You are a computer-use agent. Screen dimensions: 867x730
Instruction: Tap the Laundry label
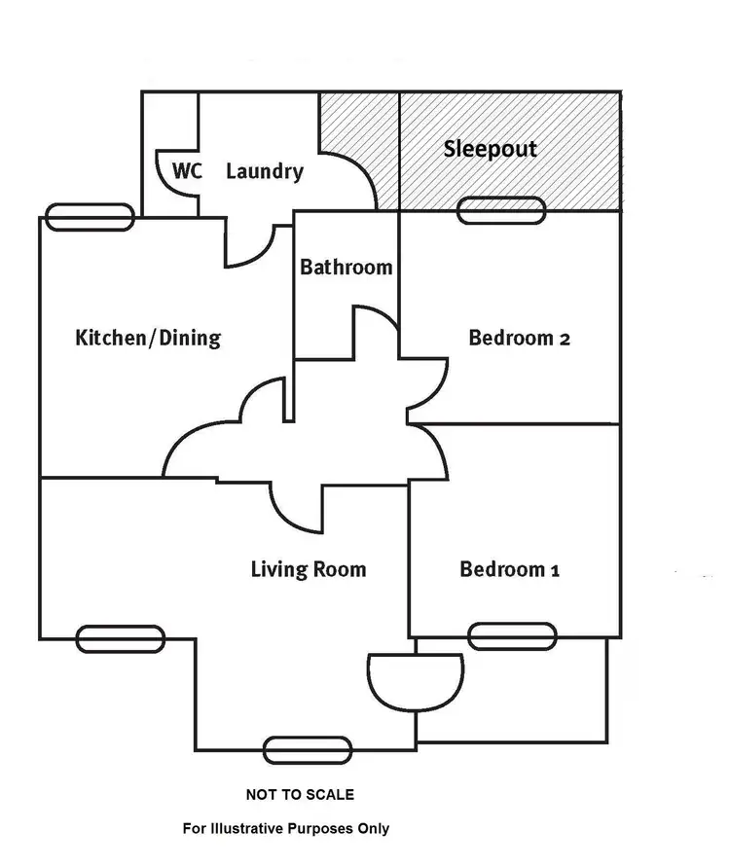click(264, 172)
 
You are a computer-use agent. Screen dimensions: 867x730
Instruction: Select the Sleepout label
click(490, 150)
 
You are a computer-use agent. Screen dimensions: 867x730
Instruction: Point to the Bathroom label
click(346, 267)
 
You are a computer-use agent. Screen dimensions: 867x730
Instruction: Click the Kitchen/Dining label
click(148, 339)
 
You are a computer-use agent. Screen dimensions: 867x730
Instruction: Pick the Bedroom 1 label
click(509, 569)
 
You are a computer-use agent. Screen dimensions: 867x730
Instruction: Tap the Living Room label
click(309, 569)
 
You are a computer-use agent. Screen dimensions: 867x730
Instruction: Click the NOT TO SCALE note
click(300, 795)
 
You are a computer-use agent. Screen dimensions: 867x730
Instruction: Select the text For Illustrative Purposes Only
click(286, 829)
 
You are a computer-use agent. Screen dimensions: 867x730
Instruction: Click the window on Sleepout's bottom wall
click(501, 210)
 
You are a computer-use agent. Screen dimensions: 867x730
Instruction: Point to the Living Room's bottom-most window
click(308, 749)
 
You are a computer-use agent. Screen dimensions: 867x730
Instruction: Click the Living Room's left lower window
click(121, 638)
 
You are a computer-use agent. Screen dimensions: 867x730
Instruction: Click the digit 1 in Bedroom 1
click(554, 570)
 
